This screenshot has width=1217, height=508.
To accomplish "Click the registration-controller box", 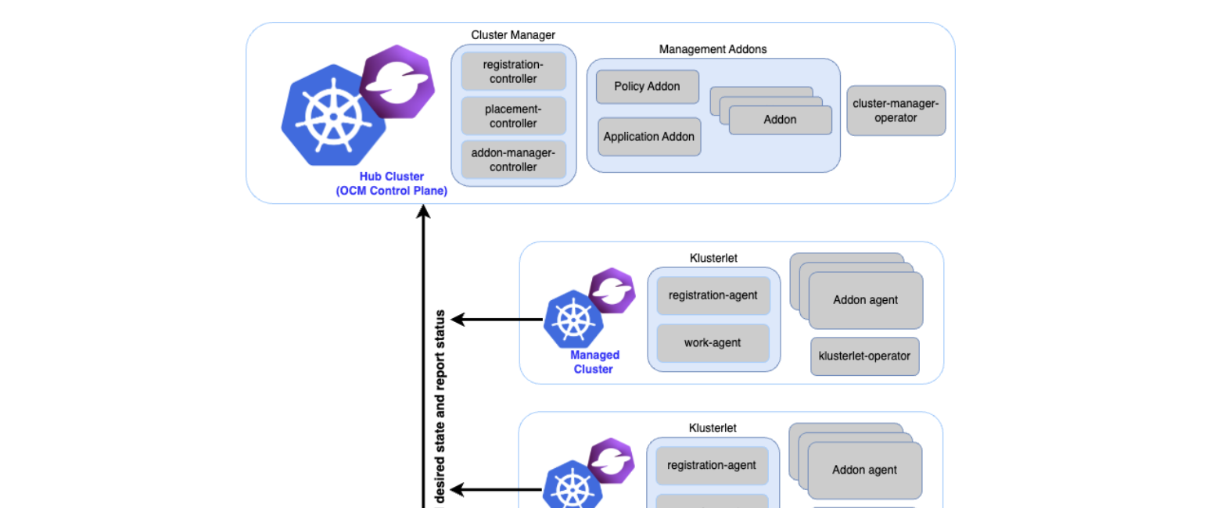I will (513, 71).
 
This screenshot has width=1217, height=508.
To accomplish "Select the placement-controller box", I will (513, 116).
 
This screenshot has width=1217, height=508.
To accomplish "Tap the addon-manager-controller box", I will (513, 159).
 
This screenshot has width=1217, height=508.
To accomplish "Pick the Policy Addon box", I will (647, 87).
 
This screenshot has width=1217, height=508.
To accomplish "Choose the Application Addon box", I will (649, 137).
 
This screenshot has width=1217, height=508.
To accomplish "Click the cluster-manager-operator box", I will (896, 110).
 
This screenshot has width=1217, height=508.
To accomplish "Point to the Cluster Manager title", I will (513, 35).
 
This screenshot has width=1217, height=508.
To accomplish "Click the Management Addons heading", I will (713, 49).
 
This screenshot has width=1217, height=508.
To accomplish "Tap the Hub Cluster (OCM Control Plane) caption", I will (392, 184).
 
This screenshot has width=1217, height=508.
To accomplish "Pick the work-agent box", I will (713, 342).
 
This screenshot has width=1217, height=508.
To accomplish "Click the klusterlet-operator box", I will (864, 356).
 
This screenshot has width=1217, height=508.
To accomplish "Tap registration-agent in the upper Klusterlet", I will (713, 295).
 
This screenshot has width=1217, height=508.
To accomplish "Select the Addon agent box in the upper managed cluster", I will (865, 300).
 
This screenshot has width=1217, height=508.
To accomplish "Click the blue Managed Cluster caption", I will (594, 362).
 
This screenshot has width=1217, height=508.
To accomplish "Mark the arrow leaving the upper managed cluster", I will (497, 319).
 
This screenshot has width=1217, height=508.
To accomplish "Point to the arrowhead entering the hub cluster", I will (424, 212).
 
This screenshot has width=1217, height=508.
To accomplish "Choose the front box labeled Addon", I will (780, 120).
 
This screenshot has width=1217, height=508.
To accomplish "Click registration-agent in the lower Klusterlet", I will (712, 466).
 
